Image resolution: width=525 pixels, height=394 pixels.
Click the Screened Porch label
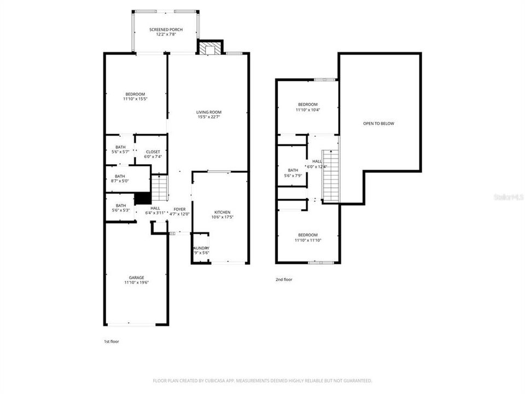[166, 30]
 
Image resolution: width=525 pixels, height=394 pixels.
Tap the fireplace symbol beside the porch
[209, 49]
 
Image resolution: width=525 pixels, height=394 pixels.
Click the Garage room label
[136, 277]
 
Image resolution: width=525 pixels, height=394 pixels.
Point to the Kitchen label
[222, 212]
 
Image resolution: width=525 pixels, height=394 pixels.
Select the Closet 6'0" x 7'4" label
[153, 152]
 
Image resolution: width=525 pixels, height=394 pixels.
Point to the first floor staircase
[158, 187]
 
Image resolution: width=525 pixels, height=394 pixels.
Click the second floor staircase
[330, 175]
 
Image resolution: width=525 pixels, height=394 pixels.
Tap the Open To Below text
[378, 124]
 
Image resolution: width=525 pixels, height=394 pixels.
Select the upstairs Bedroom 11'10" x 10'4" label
[307, 105]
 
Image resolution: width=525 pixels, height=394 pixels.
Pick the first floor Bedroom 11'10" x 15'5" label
[135, 94]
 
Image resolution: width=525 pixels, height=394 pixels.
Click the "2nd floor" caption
[284, 280]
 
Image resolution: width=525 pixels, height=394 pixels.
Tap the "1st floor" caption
[111, 341]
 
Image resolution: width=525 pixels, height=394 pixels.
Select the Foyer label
[180, 209]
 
